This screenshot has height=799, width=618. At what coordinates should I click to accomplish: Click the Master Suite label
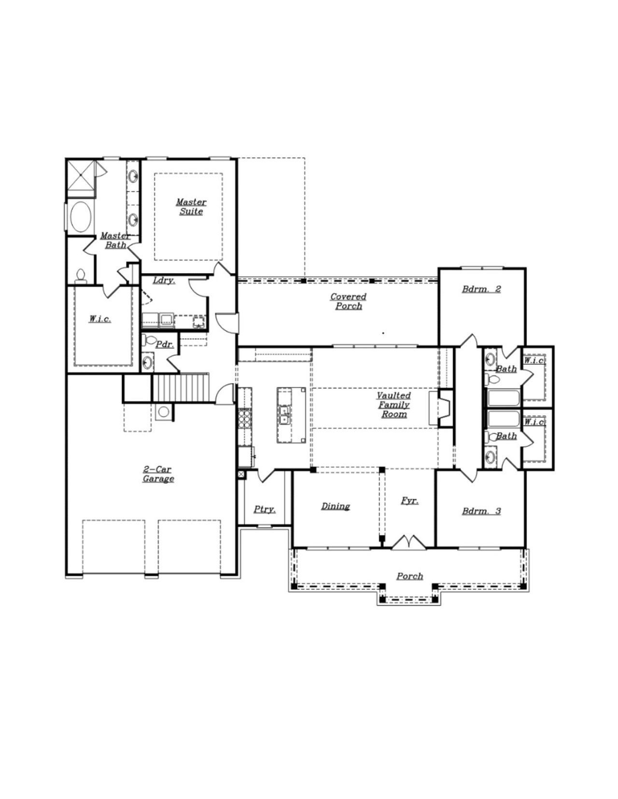coord(191,207)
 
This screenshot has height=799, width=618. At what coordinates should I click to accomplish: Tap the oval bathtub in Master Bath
coord(81,217)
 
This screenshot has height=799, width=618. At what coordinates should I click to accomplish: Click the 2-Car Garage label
coord(158,474)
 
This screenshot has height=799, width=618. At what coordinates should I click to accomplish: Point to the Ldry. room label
coord(164,281)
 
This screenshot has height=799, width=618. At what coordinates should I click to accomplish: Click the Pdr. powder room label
coord(165,344)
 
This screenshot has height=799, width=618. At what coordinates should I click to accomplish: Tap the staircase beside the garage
coord(181,387)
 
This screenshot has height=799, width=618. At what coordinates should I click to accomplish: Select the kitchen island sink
coord(284,414)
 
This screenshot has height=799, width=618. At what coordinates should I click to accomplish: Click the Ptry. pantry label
coord(265,510)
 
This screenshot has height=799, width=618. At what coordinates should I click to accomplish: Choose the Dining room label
coord(336,506)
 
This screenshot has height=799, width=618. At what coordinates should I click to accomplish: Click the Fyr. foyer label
coord(409,501)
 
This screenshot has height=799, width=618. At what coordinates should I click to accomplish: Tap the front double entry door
coord(408,542)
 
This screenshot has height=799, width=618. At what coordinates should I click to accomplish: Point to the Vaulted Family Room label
coord(394,405)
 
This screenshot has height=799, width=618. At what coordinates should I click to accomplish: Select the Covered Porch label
coord(348,302)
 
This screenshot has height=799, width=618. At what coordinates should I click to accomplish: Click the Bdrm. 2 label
coord(481,289)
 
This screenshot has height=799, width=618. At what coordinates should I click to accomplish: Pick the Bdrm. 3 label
coord(481,511)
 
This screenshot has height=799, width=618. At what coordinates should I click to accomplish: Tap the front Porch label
coord(409,576)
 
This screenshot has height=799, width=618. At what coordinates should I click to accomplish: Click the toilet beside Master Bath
coord(81,276)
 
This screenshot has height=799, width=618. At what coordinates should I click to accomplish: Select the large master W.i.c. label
coord(100,319)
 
